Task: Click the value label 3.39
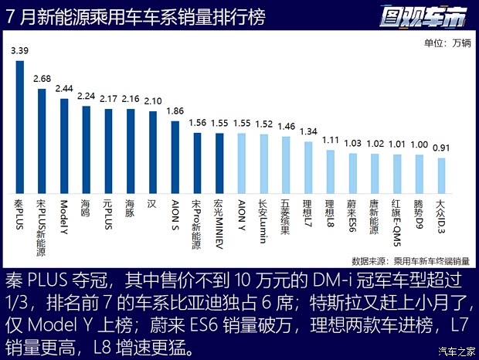(19, 51)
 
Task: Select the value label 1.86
(175, 111)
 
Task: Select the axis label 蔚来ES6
(352, 215)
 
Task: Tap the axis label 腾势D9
(420, 215)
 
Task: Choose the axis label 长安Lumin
(263, 218)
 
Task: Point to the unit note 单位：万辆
(446, 42)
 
